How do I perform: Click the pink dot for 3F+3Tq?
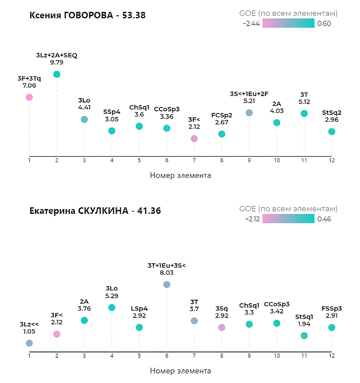(29, 97)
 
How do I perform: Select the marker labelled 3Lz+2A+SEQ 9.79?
(57, 74)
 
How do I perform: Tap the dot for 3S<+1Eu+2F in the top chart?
(249, 112)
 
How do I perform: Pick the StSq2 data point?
(332, 132)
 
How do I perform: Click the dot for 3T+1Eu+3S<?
(167, 284)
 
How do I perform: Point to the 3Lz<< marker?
(29, 343)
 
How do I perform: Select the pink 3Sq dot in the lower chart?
(221, 328)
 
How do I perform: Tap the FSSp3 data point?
(332, 328)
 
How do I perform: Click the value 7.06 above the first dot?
(29, 86)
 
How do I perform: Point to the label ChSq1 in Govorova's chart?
(139, 107)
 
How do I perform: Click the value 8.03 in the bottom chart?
(167, 273)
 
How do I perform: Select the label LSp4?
(139, 309)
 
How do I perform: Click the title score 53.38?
(134, 15)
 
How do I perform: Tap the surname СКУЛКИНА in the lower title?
(103, 211)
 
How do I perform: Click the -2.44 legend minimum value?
(251, 24)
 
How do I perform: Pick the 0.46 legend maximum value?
(324, 219)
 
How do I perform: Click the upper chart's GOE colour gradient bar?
(288, 23)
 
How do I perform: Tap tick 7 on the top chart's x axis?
(194, 161)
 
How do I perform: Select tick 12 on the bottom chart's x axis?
(332, 356)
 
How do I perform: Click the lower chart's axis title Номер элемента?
(180, 371)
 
